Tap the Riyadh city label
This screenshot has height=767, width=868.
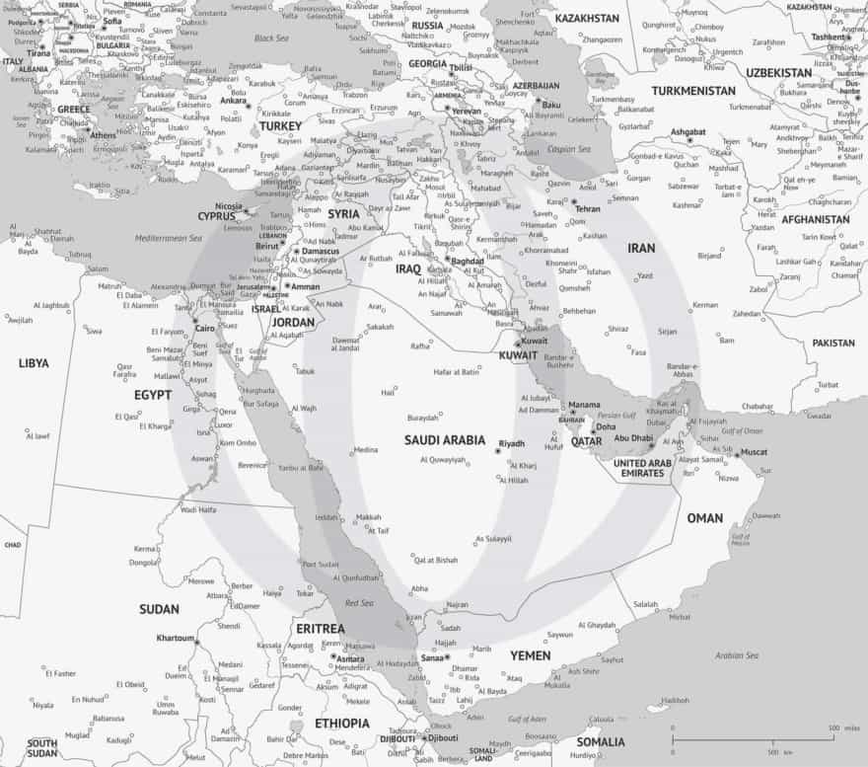pos(513,443)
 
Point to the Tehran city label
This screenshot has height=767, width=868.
pos(587,209)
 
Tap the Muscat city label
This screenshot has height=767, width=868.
pos(754,452)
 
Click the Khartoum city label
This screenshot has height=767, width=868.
pos(175,639)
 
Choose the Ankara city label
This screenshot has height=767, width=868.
pos(234,101)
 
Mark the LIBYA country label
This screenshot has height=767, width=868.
pos(33,363)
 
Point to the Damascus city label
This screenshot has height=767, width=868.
pos(321,253)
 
